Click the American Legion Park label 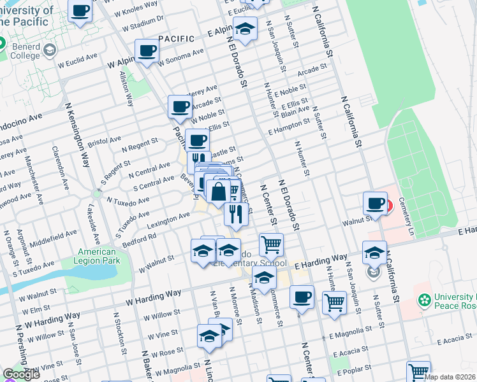pyautogui.click(x=97, y=257)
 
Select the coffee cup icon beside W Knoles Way pyautogui.click(x=80, y=12)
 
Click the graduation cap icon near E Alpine pyautogui.click(x=245, y=29)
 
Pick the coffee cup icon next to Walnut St pyautogui.click(x=374, y=204)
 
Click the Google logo pyautogui.click(x=21, y=375)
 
